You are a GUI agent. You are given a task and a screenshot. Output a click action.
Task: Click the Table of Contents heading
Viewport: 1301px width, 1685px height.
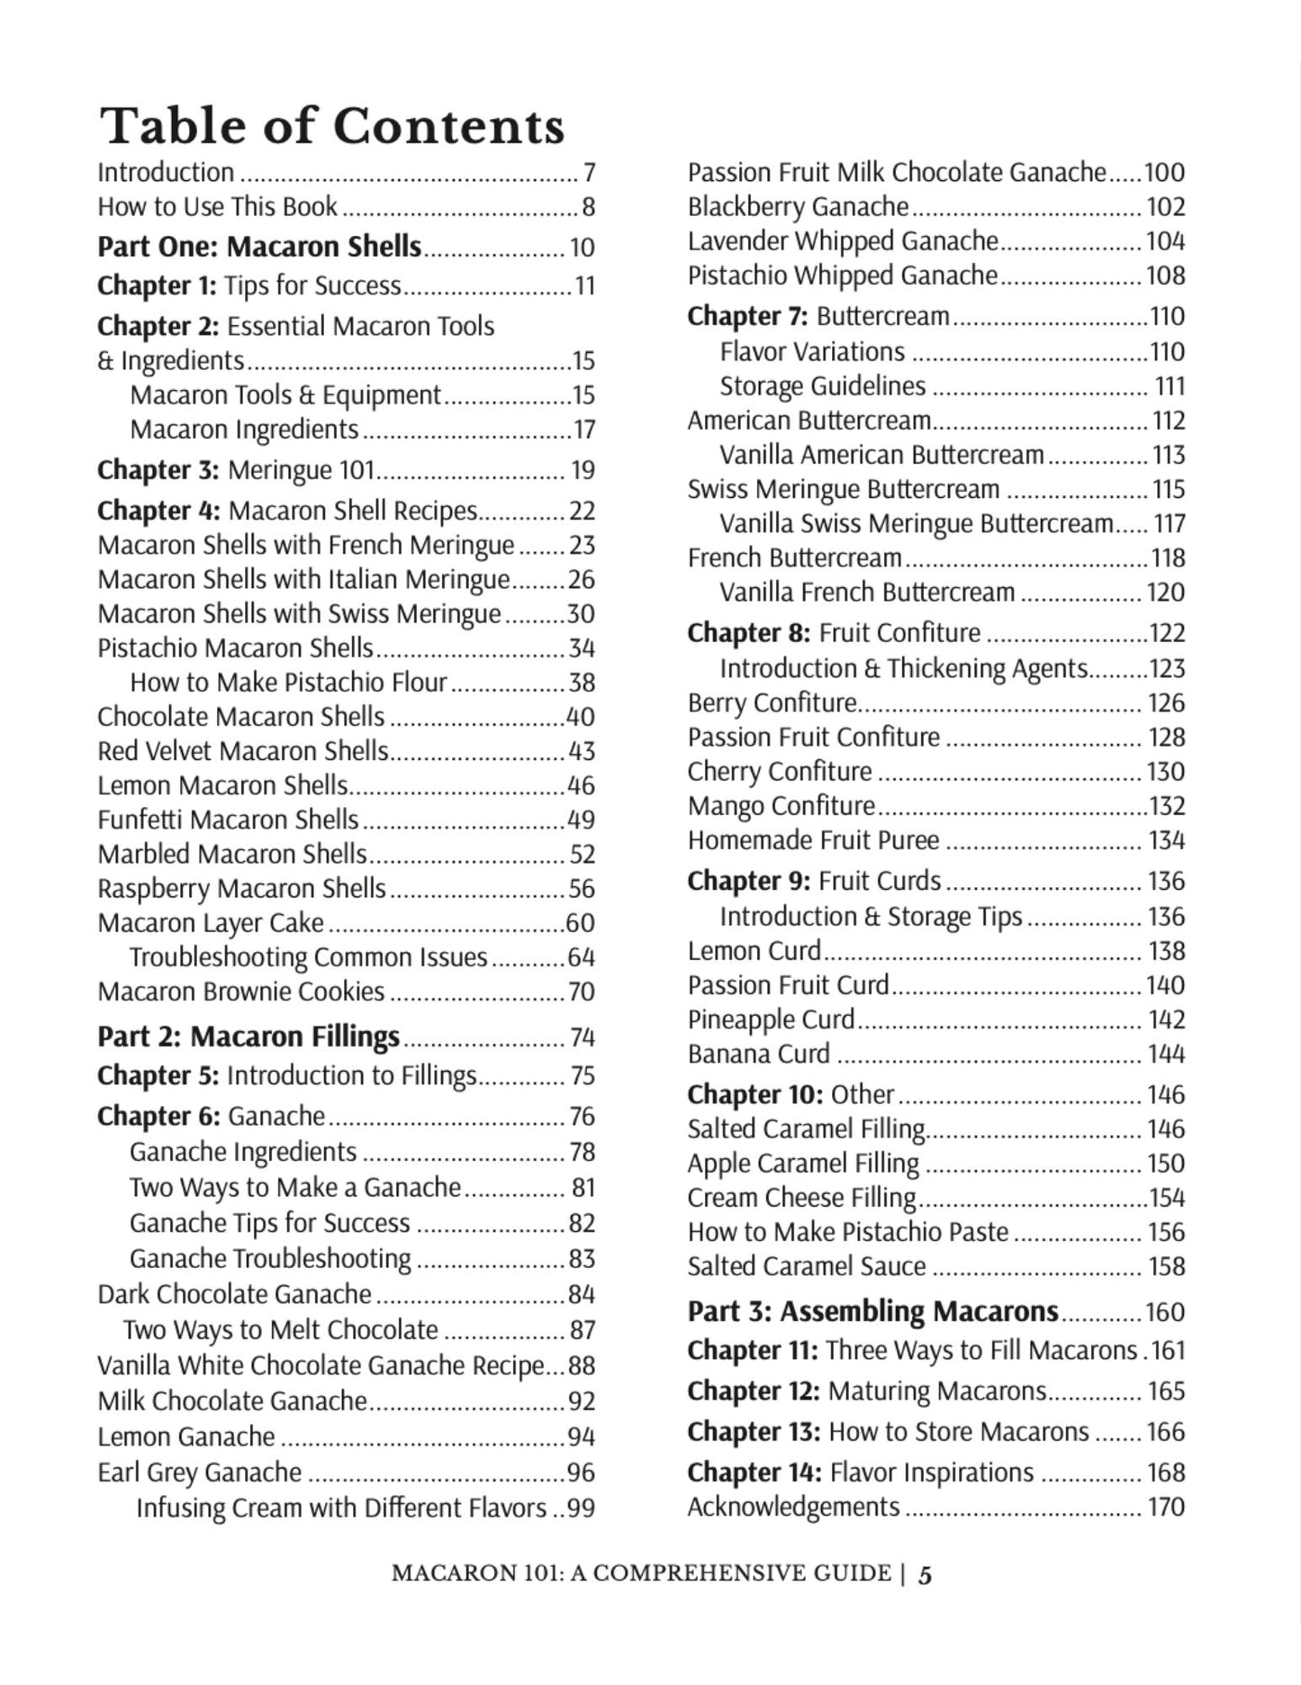[x=331, y=126]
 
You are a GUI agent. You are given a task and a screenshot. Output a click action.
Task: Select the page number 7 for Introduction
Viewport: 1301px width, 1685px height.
[x=589, y=172]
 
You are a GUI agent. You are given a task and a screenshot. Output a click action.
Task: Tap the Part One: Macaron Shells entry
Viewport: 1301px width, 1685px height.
[x=259, y=247]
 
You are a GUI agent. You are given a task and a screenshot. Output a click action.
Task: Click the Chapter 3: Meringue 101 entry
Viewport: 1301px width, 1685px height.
[x=236, y=470]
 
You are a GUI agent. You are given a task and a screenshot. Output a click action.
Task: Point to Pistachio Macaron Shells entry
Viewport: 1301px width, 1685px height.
[x=235, y=648]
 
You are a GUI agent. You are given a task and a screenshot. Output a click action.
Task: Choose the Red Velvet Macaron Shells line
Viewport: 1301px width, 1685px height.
[x=243, y=751]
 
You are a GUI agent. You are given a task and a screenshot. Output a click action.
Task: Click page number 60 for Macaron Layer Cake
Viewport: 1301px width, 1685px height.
[x=581, y=923]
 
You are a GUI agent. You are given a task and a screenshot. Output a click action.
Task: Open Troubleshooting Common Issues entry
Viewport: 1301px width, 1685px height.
[x=308, y=957]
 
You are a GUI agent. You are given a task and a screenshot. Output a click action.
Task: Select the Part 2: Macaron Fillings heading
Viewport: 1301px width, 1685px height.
[x=248, y=1037]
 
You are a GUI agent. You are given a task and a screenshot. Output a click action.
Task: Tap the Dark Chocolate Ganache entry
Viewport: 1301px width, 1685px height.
[x=234, y=1294]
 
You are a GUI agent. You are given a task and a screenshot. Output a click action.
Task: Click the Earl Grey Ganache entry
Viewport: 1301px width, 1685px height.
[x=200, y=1472]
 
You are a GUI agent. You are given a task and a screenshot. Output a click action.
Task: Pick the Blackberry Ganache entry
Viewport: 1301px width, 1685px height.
[x=798, y=207]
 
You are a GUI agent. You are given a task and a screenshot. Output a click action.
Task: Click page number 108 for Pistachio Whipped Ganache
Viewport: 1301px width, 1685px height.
[x=1165, y=276]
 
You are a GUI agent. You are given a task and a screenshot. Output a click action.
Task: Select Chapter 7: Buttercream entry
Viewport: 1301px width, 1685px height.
[x=818, y=316]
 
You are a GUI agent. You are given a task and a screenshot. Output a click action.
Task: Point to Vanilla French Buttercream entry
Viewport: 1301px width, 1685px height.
[x=866, y=593]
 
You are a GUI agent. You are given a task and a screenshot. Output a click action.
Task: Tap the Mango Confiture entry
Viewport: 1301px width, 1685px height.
[x=781, y=806]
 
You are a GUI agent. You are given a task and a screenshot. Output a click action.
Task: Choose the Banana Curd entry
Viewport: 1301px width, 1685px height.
[x=758, y=1054]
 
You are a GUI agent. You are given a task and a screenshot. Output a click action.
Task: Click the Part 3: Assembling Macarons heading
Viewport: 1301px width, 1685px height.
[x=872, y=1311]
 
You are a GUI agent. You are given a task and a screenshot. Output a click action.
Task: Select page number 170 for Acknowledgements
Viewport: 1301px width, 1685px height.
[x=1166, y=1507]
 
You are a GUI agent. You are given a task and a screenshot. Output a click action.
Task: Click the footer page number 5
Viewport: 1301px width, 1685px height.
[x=926, y=1574]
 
